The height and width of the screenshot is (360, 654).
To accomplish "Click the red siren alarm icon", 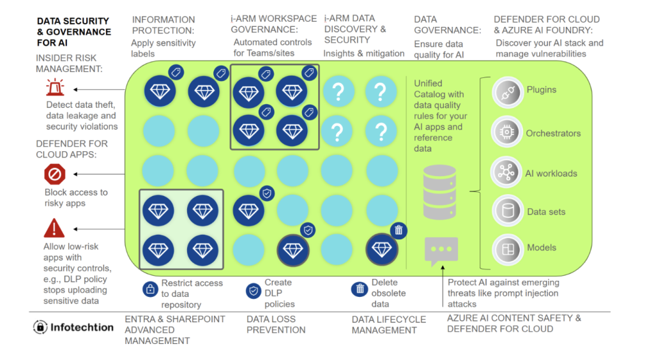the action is pos(55,87).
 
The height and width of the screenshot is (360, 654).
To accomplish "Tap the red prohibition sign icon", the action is pos(55,174).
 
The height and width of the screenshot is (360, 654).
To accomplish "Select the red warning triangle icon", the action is pos(54,228).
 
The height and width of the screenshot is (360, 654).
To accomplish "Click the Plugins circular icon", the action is pos(507,92).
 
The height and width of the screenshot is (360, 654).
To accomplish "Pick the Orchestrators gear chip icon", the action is pos(506,132).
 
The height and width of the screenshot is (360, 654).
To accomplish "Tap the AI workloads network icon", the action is pos(506,172).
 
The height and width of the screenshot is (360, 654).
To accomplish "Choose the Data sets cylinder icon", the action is pos(508,211).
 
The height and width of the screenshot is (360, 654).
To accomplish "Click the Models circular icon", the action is pos(508,250).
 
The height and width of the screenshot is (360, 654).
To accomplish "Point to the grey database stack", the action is pos(439,192).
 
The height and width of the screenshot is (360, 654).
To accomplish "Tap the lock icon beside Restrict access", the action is pos(150,289).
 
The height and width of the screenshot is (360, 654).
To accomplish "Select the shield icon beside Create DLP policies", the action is pos(253,291).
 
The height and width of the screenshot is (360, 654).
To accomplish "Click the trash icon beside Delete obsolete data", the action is pos(360,289).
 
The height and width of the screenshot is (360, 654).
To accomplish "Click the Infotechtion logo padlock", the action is pos(40,327).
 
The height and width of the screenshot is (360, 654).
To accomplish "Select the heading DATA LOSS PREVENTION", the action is pos(276,325).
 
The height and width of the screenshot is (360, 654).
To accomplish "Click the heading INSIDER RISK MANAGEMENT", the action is pos(69,63).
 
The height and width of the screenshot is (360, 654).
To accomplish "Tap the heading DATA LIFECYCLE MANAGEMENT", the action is pos(389,325).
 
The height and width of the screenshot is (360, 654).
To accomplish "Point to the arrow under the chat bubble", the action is pos(443,286).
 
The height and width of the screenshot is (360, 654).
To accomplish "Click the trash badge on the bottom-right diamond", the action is pos(399,230).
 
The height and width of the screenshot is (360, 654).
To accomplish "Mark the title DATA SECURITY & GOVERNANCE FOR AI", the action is pos(74,32).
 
